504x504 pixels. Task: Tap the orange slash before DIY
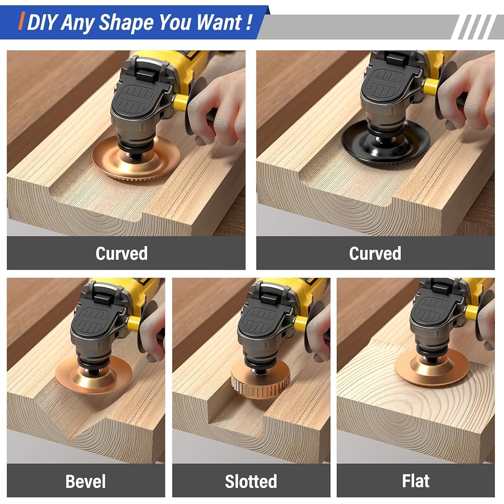pos(22,21)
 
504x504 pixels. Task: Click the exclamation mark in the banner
pos(248,22)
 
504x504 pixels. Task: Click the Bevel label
pos(86,481)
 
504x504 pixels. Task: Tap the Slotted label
pos(251,481)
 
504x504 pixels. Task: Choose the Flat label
pos(416,481)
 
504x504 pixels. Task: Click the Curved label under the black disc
pos(375,254)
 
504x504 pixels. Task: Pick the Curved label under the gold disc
pos(121,254)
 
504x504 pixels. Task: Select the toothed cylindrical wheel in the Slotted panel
pos(261,380)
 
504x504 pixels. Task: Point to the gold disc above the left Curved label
pos(136,161)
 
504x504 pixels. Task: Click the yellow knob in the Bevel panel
pos(134,323)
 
